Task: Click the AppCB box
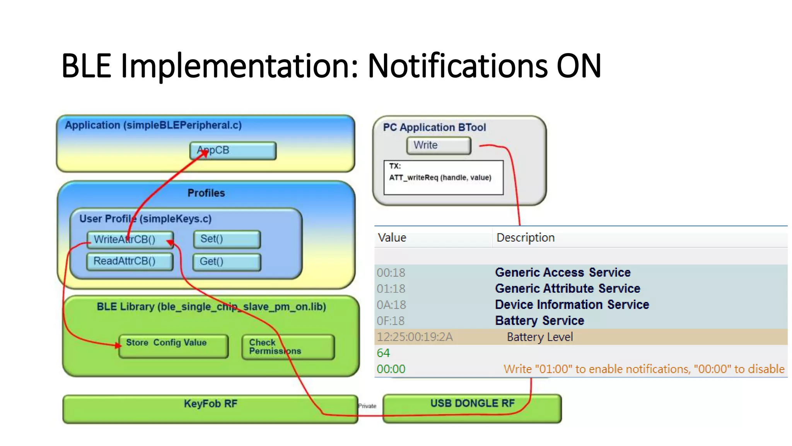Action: click(233, 151)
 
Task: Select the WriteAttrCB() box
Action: click(130, 239)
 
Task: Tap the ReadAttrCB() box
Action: click(130, 261)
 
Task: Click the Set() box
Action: click(227, 239)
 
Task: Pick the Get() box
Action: click(227, 262)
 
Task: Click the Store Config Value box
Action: click(173, 346)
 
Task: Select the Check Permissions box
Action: click(288, 347)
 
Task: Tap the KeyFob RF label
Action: click(210, 404)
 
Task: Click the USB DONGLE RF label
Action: click(472, 403)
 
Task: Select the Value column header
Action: click(392, 237)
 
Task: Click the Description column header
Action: click(525, 237)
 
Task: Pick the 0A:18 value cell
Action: click(391, 305)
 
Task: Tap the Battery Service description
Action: click(539, 321)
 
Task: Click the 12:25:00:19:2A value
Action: click(415, 337)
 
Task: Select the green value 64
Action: click(383, 353)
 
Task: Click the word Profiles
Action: click(206, 193)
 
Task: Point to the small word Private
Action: click(367, 406)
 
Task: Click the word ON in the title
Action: click(579, 66)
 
